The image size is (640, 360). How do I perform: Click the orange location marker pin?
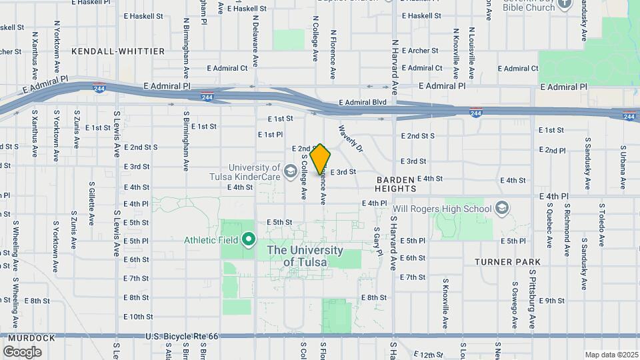[x=320, y=158]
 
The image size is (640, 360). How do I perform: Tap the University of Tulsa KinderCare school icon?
[x=290, y=172]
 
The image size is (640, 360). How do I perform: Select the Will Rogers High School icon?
[x=502, y=209]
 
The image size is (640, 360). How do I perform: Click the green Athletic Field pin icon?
[x=249, y=238]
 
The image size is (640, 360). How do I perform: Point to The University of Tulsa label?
[x=305, y=256]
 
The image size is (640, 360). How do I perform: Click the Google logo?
[x=23, y=351]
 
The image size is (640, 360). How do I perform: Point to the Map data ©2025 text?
[x=611, y=355]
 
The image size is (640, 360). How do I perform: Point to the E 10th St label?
[x=138, y=317]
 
